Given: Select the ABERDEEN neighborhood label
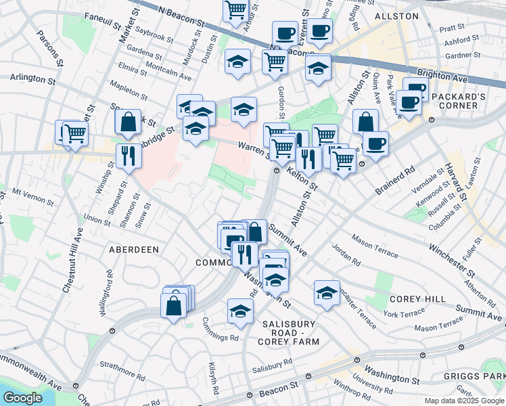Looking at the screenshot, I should coord(134,250).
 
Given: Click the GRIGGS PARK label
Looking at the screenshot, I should coord(474,376).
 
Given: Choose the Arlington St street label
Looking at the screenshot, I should coord(32,79).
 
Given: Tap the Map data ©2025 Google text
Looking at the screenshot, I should coord(463,401).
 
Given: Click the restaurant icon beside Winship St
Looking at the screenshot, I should coord(129,156).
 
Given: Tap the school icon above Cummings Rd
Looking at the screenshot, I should coord(240,311).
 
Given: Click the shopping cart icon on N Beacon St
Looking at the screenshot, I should coord(235,10).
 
